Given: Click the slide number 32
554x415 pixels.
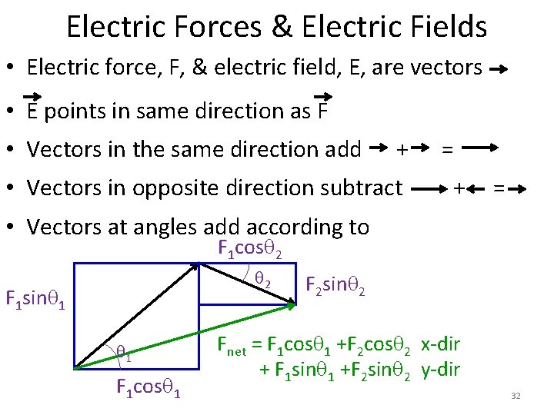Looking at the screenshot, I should (x=516, y=396).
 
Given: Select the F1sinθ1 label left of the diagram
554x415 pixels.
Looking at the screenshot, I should (x=35, y=298).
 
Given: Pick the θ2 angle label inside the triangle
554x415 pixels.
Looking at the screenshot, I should (x=262, y=281).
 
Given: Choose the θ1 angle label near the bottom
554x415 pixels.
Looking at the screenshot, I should (x=124, y=353).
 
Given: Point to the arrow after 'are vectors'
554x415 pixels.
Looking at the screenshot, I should (x=499, y=69).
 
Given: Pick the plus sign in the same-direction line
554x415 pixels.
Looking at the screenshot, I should (x=401, y=148).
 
